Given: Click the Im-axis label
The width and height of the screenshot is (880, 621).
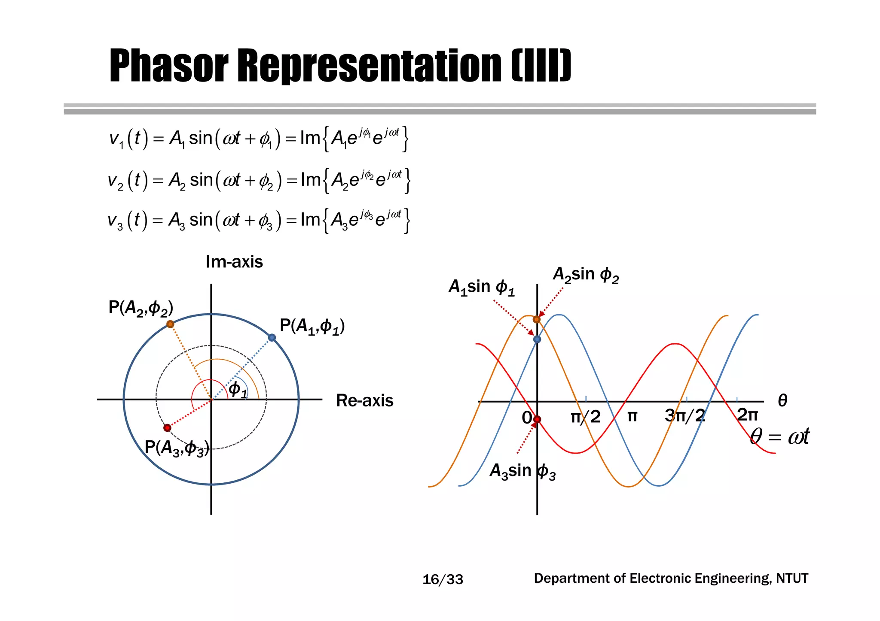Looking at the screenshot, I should pos(234,262).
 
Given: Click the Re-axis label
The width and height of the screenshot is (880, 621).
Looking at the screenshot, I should pos(364,400).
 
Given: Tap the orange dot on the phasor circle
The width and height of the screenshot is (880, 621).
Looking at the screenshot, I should pos(170,324).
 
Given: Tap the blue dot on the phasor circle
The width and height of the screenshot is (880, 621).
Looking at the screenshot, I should pos(272,338).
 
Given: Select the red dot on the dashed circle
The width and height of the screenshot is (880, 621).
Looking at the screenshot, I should pos(168,428).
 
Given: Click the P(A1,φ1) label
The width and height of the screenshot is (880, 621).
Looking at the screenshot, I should pos(312,327).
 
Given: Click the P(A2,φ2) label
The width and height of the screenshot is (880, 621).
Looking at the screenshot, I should pos(141,308).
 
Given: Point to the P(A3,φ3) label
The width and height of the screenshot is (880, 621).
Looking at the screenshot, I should pos(177,448).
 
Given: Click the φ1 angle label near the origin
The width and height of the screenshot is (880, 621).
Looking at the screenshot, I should pos(238,390).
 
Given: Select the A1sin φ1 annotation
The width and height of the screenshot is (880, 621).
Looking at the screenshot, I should pos(481,287).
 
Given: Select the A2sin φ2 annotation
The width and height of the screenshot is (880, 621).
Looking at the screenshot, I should pos(586,275).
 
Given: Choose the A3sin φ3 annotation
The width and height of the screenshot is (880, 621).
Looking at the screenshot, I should pos(522,471).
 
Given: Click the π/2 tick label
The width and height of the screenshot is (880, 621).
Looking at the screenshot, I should pos(585,417).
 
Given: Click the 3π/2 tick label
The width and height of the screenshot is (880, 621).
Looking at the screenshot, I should pos(685,415).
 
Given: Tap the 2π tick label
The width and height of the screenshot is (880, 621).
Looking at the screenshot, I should pos(747,415).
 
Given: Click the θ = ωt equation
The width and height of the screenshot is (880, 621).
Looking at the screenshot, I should pos(779,436).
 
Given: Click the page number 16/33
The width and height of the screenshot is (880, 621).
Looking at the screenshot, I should pos(443,580).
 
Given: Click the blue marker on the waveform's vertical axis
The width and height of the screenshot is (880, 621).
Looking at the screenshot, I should pos(537,339).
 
